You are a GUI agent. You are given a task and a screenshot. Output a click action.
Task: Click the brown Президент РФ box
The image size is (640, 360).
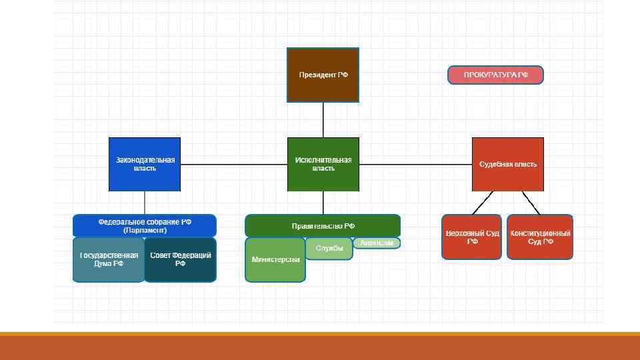(x=323, y=75)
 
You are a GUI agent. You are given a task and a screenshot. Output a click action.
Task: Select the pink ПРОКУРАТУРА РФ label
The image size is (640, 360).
(x=495, y=75)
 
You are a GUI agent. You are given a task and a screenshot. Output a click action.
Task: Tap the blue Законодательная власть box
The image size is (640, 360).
(x=145, y=164)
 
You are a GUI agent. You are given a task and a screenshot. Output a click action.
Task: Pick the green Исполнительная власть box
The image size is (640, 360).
(x=323, y=164)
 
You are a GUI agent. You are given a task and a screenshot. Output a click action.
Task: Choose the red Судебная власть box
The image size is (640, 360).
(x=507, y=164)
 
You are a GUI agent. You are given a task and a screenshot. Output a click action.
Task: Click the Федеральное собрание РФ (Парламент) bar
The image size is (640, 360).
(x=145, y=225)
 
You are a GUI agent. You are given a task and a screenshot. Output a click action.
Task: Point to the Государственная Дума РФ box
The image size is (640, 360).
(x=109, y=259)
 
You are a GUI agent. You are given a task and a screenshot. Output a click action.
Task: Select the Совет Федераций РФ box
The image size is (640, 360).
(x=180, y=259)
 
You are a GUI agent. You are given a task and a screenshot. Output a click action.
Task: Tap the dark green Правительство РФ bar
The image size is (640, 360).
(x=323, y=225)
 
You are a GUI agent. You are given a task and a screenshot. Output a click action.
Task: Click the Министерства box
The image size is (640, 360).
(x=275, y=259)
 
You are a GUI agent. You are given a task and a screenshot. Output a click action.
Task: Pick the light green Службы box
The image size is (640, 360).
(x=329, y=249)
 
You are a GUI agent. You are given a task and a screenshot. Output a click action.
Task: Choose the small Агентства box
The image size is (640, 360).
(x=377, y=243)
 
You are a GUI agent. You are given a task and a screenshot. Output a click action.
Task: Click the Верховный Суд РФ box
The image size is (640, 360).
(x=471, y=237)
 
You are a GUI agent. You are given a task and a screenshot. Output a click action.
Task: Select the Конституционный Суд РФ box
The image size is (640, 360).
(x=540, y=237)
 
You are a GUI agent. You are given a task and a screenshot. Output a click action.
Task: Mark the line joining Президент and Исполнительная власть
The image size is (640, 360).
(x=323, y=120)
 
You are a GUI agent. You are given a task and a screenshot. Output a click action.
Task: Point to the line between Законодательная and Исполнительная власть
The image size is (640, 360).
(x=233, y=164)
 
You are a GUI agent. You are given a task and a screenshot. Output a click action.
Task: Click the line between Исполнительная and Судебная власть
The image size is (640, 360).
(x=415, y=164)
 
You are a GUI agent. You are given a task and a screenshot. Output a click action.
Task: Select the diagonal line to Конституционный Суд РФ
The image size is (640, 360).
(x=531, y=202)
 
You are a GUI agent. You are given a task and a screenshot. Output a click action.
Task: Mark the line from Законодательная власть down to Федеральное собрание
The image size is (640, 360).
(x=145, y=203)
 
